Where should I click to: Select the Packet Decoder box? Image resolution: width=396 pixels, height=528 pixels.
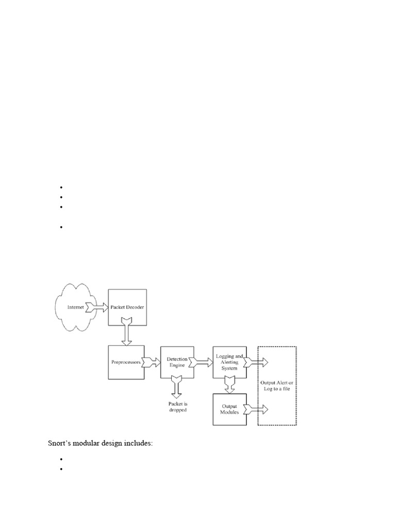127,307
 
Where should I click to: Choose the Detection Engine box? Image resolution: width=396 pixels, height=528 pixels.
177,362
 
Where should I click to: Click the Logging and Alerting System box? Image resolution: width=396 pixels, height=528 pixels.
229,362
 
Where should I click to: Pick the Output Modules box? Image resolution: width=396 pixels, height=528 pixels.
229,409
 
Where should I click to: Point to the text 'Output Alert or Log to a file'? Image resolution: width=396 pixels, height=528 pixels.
277,386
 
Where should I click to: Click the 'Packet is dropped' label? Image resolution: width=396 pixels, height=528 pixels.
177,407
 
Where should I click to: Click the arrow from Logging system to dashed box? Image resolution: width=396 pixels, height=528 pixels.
257,362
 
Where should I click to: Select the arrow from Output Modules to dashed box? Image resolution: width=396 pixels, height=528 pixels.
257,409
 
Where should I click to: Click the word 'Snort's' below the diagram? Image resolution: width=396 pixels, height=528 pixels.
61,443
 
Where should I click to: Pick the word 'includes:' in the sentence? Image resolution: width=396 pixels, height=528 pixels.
139,443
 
